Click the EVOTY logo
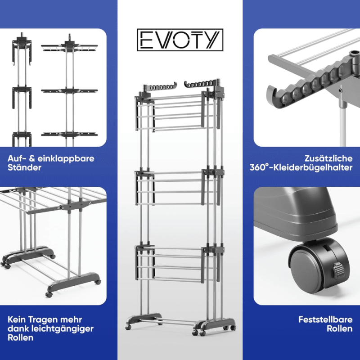[x=180, y=40]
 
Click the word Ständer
[x=24, y=167]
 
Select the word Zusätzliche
[x=328, y=158]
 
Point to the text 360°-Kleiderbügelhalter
[x=301, y=167]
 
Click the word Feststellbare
[x=325, y=319]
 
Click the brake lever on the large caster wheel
[x=338, y=269]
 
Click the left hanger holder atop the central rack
[x=160, y=87]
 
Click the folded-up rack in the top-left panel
[x=22, y=90]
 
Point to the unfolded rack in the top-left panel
[x=69, y=90]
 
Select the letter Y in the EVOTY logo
[x=212, y=40]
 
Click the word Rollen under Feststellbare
[x=340, y=328]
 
